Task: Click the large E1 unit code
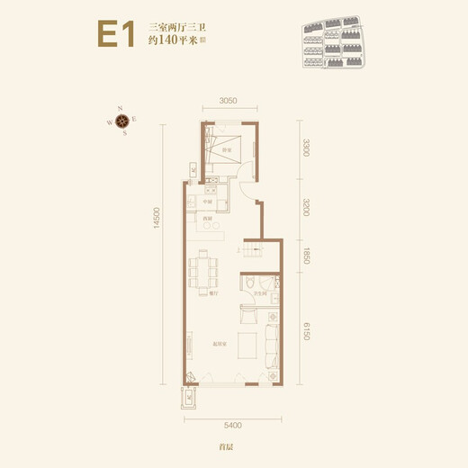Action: point(116,35)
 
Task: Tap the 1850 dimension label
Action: point(307,255)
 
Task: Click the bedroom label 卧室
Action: point(229,149)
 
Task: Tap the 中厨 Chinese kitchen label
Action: point(206,202)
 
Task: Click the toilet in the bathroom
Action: point(248,283)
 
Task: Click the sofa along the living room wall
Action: point(271,345)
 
